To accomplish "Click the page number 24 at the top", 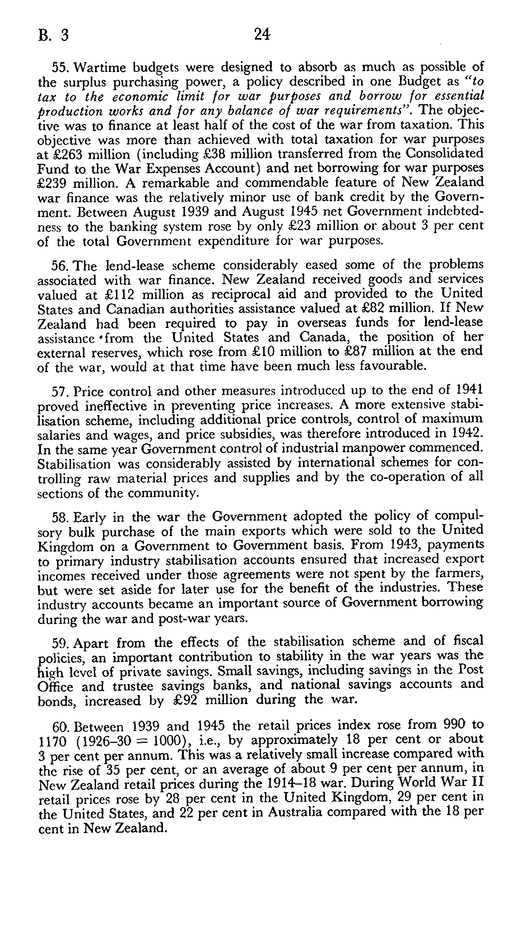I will tap(262, 35).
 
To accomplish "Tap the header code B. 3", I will tap(53, 36).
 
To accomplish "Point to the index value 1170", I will tap(52, 732).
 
